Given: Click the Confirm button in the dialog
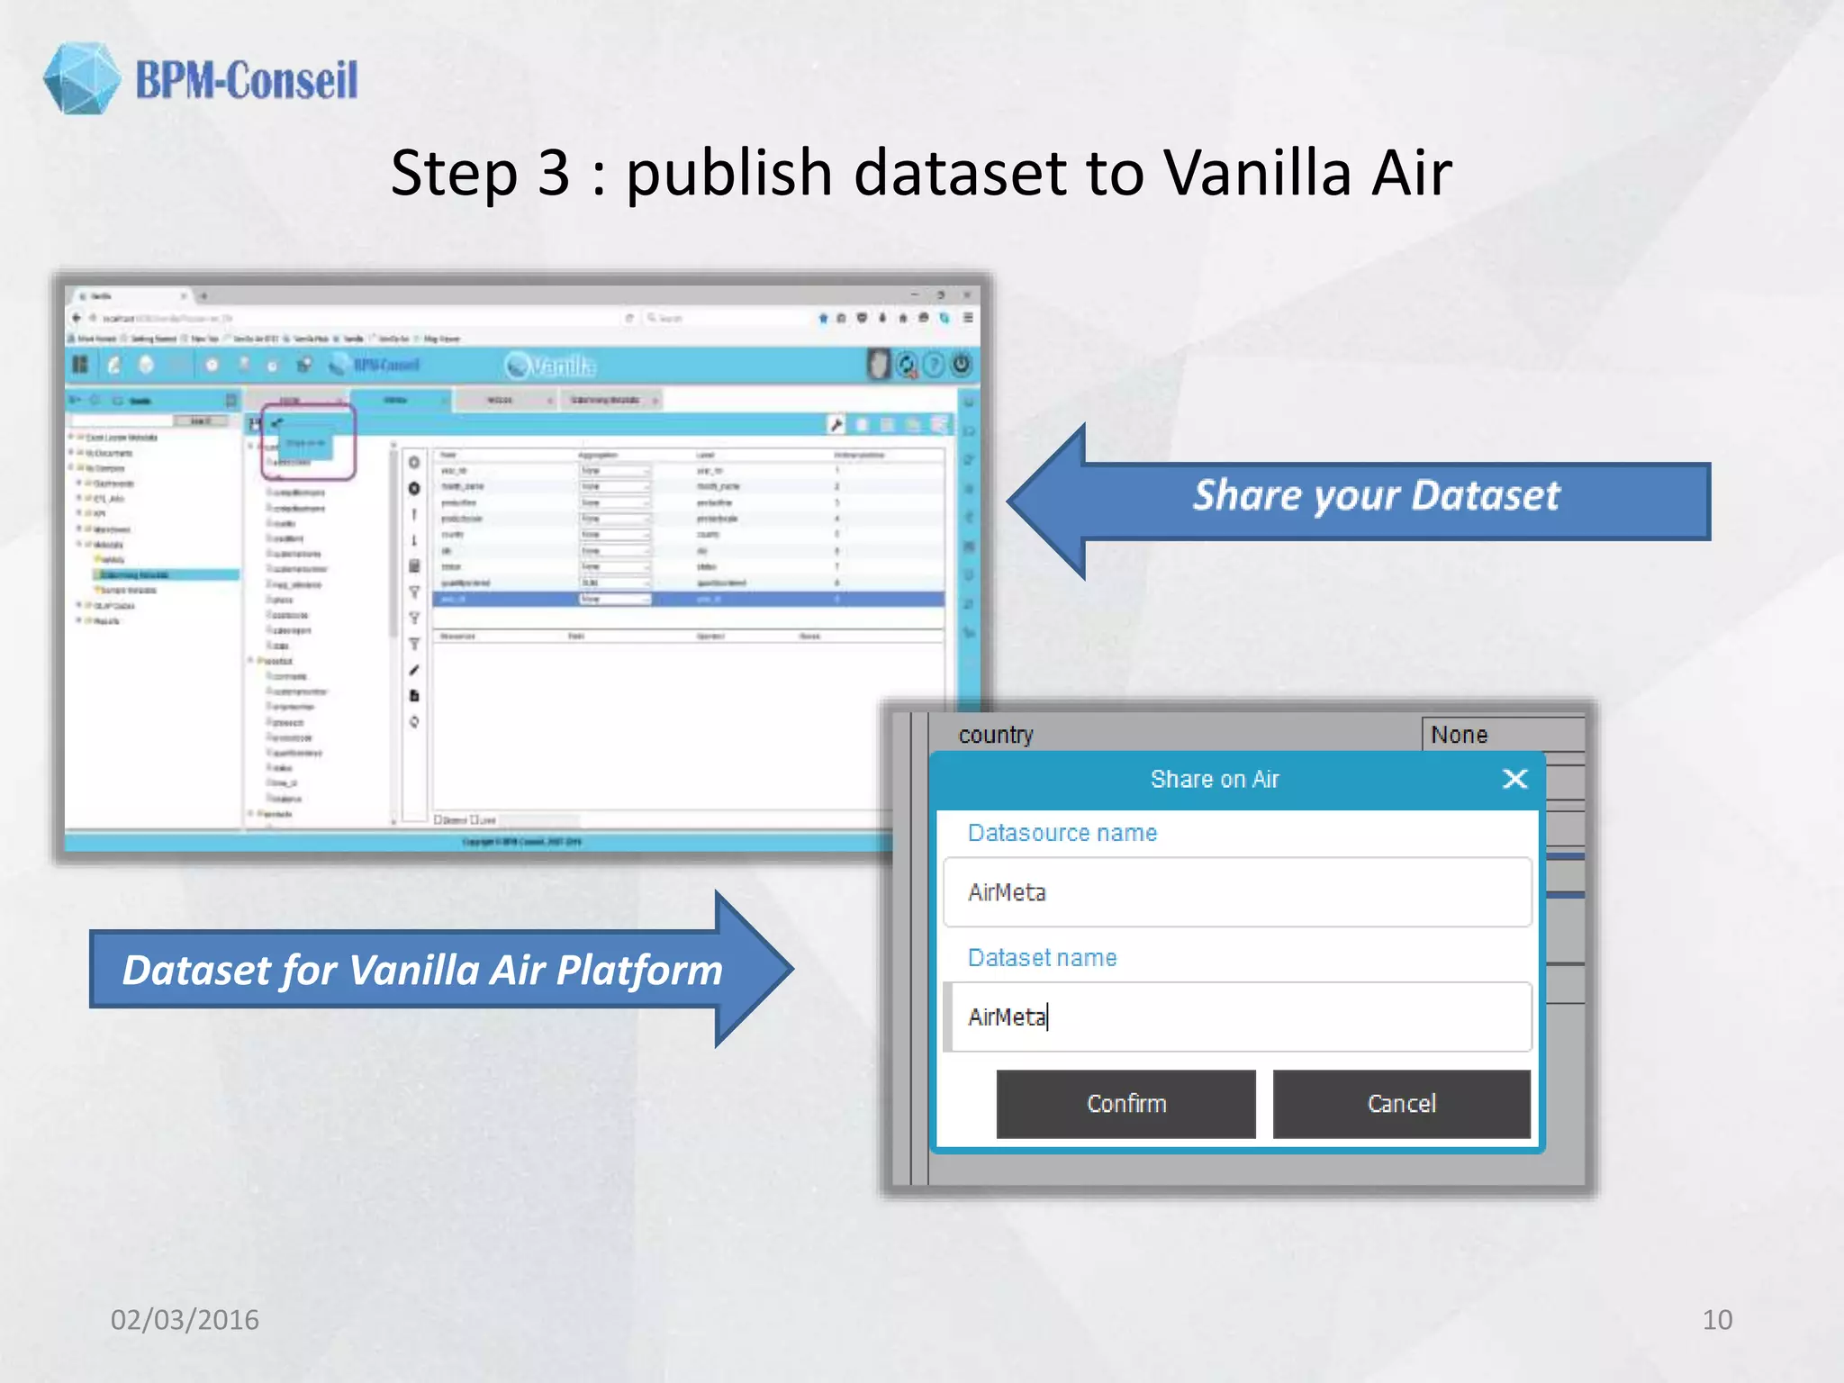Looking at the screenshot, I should click(1125, 1104).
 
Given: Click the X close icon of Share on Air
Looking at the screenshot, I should click(1515, 779).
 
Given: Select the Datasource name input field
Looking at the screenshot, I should click(1237, 892).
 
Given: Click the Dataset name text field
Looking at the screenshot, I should click(1237, 1017).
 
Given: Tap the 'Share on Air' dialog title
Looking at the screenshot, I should click(1214, 780).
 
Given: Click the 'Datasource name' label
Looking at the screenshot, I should click(1062, 833).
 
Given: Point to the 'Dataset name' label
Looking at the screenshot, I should click(1042, 958).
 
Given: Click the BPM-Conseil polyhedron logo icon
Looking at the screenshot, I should click(81, 78).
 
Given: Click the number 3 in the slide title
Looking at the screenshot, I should click(554, 173).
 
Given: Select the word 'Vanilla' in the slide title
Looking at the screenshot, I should click(1257, 173).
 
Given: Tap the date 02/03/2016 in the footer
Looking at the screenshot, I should click(185, 1320).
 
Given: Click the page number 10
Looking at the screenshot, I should click(1716, 1320).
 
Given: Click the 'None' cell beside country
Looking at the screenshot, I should click(1502, 735).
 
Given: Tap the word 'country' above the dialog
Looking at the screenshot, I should click(996, 735).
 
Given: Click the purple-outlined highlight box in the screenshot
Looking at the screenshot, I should click(308, 441).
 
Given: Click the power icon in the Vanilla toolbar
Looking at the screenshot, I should click(962, 365).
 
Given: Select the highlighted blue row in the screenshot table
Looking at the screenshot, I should click(688, 599).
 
